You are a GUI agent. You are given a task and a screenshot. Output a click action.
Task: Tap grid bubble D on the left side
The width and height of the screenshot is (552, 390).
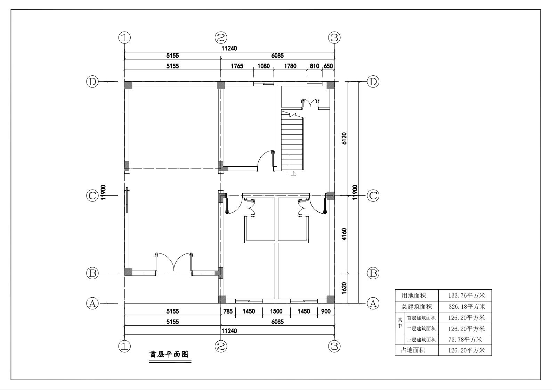[92, 82]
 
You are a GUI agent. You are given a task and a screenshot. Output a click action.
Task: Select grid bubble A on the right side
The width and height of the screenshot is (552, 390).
[373, 304]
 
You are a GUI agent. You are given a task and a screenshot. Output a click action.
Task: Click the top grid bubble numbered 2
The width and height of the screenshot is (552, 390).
[221, 37]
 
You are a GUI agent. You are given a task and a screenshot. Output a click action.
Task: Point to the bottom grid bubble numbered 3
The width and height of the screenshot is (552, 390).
[334, 346]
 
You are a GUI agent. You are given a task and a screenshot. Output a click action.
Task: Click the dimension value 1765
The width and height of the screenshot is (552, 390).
[237, 66]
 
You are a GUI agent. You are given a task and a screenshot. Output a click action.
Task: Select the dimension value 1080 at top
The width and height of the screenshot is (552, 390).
[263, 66]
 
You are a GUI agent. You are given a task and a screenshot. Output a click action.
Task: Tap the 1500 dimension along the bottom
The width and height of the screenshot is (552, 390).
[276, 311]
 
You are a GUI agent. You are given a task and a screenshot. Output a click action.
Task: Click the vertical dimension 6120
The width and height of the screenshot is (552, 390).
[344, 138]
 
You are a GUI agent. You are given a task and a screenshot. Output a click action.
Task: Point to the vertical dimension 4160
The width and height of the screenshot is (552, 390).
[344, 234]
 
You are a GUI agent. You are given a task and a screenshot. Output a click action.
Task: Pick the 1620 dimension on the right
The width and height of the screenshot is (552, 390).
[344, 288]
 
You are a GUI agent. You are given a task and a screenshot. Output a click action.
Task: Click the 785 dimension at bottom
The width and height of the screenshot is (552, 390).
[228, 311]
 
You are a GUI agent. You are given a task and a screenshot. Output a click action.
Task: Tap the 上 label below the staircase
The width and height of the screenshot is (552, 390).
[293, 174]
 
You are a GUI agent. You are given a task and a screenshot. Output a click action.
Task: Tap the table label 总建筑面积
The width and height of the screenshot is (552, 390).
[417, 307]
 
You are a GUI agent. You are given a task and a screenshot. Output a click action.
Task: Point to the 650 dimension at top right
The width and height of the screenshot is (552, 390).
[328, 66]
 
